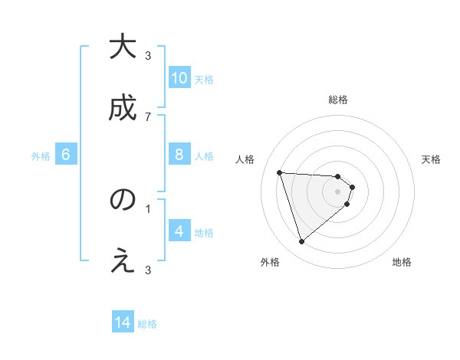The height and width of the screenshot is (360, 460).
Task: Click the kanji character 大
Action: pos(123,47)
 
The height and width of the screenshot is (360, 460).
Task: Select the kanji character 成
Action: pos(123,107)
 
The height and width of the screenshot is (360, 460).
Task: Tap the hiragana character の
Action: pos(123,201)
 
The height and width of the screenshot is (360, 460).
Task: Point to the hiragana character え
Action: pos(123,262)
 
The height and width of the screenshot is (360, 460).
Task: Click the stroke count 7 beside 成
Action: pos(148,116)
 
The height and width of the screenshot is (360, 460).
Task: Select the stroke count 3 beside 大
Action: pos(148,56)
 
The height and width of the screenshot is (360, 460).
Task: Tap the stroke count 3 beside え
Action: pos(148,270)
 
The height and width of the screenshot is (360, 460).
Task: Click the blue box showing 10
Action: pos(179,78)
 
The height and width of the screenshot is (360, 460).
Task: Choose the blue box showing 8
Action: pos(179,155)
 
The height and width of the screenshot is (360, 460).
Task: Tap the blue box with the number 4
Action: pos(179,231)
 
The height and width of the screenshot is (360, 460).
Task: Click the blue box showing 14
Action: pos(123,323)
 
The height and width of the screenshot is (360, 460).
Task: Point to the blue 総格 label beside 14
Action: pos(147,324)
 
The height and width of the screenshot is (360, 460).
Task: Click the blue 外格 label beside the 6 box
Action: pos(41,156)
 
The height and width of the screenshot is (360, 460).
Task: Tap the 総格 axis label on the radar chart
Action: pos(338,100)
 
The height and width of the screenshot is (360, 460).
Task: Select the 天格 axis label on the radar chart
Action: pos(431,159)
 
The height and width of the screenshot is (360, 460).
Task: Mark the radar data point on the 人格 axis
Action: pos(280,172)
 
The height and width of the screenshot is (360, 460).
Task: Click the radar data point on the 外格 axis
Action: pos(301,242)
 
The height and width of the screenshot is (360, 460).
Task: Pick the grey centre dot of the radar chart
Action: pos(338,191)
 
